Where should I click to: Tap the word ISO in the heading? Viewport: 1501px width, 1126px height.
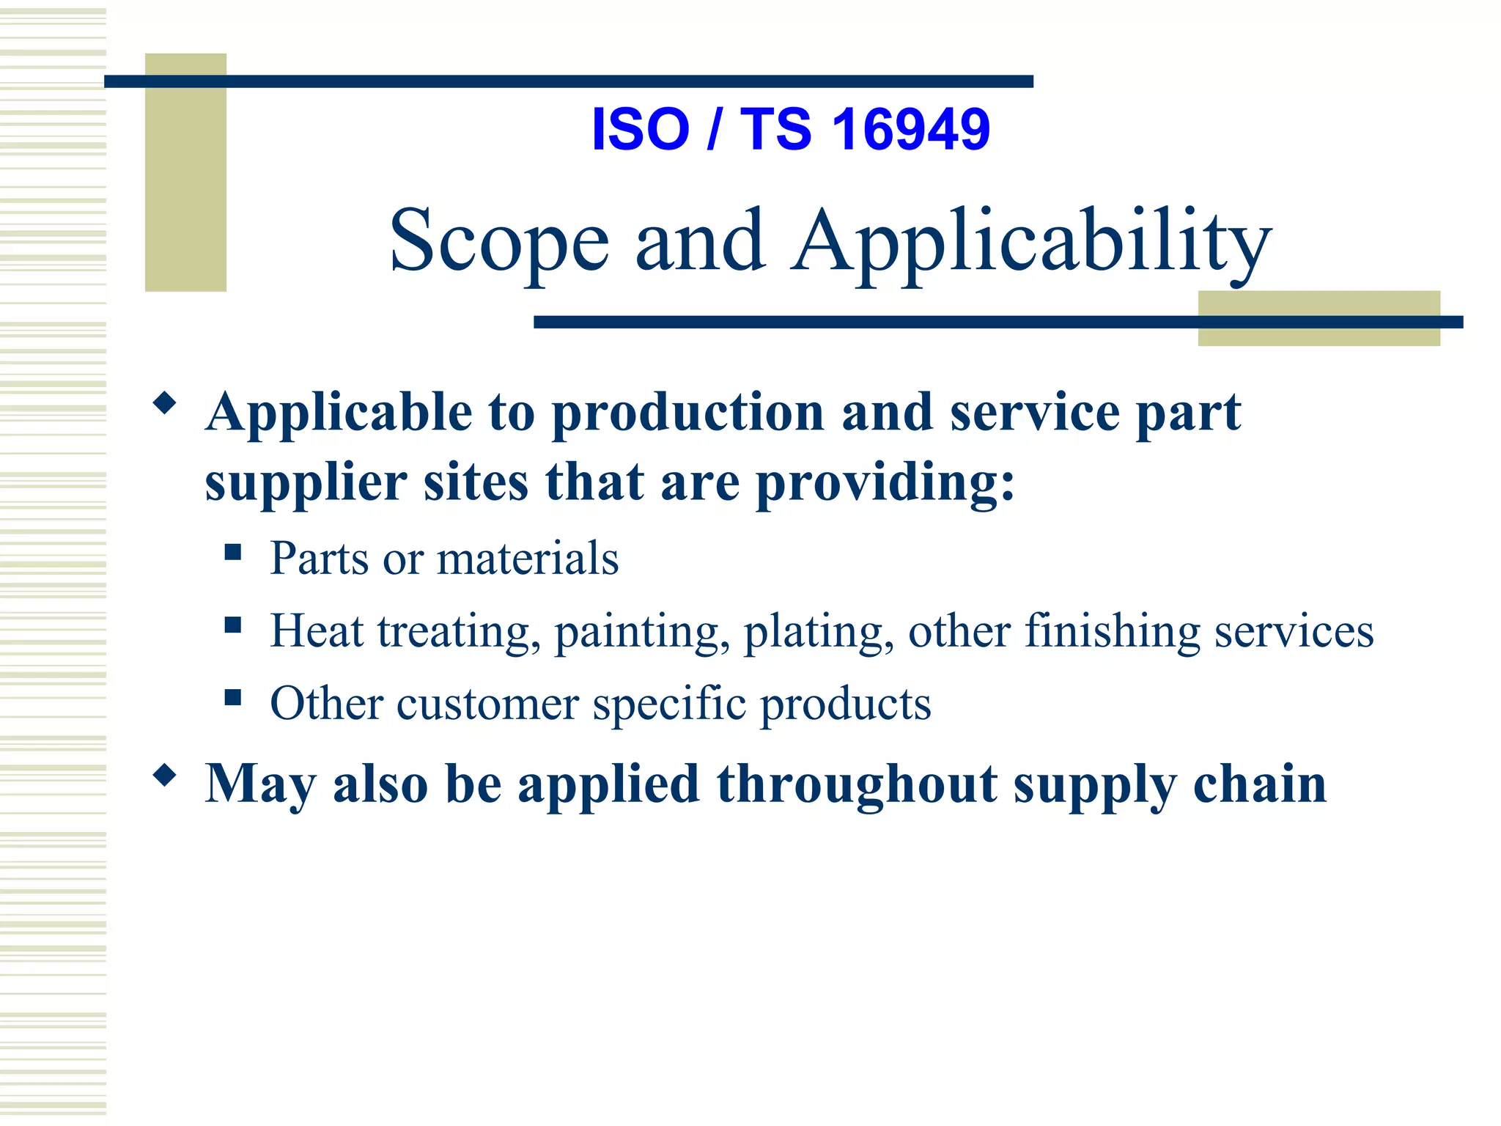[x=640, y=130]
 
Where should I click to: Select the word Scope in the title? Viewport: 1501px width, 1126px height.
[x=499, y=241]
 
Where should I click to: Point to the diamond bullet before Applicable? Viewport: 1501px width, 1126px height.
[x=165, y=403]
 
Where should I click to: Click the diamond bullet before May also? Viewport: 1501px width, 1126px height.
[x=165, y=775]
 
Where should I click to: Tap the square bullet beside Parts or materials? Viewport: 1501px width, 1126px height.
[x=233, y=551]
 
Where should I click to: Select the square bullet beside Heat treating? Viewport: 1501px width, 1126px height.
[x=233, y=625]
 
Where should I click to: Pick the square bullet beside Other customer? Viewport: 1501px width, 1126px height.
[x=233, y=696]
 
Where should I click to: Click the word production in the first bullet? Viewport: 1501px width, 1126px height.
[x=687, y=413]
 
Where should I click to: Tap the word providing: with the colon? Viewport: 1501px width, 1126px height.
[x=885, y=484]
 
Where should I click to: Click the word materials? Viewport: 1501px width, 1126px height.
[x=528, y=559]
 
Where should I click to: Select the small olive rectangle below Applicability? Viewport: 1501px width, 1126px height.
[x=1318, y=334]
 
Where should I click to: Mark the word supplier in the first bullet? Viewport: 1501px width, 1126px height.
[x=306, y=484]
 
